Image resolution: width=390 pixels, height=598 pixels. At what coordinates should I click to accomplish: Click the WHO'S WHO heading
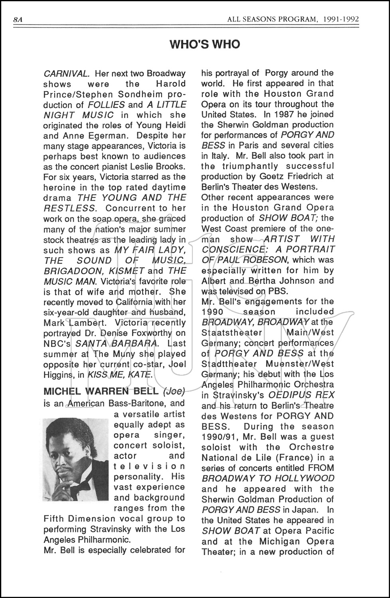pyautogui.click(x=205, y=44)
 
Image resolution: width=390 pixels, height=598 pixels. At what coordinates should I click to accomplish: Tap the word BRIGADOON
pyautogui.click(x=67, y=271)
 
